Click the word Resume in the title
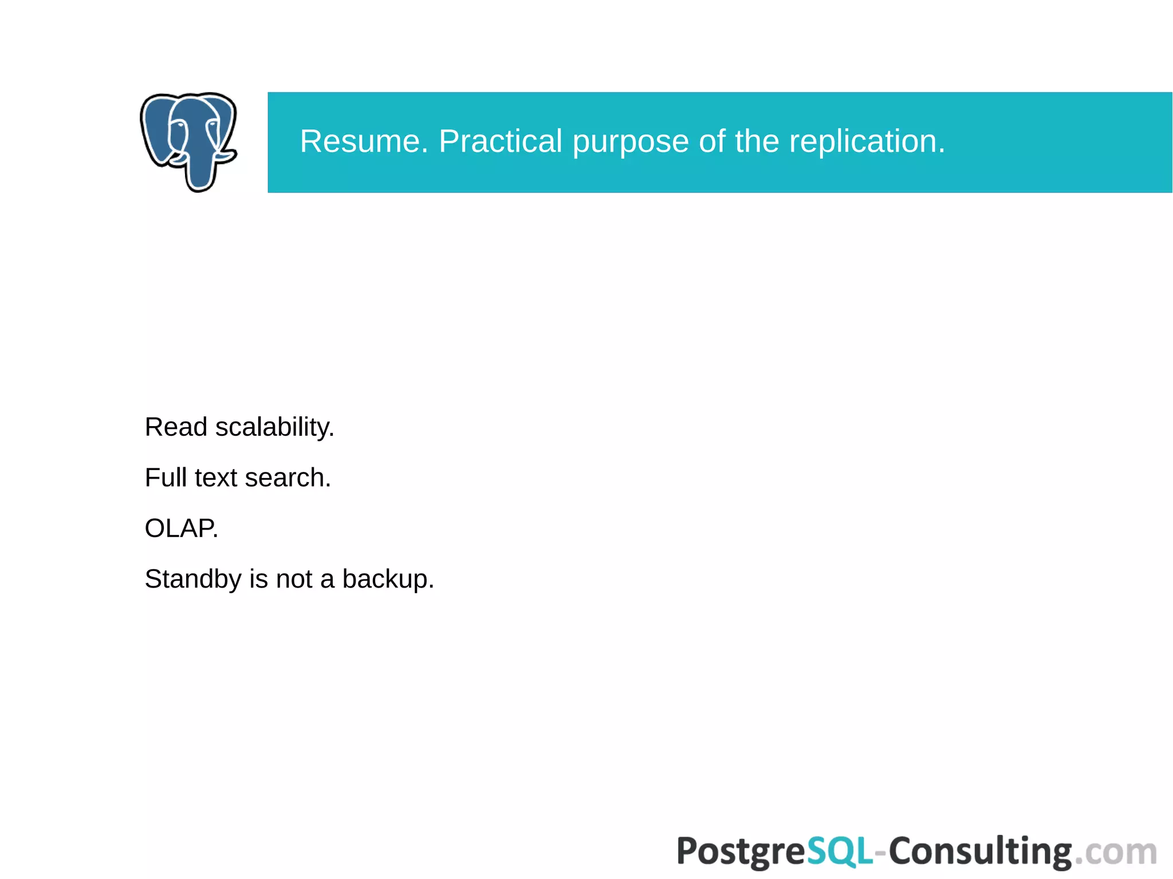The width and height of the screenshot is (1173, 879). (x=363, y=141)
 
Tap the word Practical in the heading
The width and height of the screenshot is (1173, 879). (x=500, y=141)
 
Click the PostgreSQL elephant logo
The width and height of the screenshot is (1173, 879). (x=188, y=141)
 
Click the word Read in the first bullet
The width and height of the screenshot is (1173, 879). (x=176, y=427)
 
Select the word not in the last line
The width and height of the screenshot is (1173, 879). (x=294, y=579)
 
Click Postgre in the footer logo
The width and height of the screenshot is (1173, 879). (x=741, y=852)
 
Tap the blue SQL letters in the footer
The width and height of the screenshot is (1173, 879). (x=840, y=852)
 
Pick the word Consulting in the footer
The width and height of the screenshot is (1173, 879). (x=979, y=852)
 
